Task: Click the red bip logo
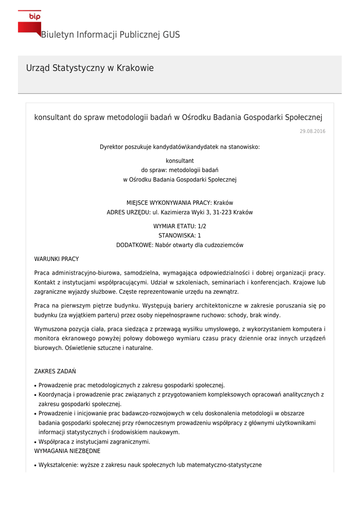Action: coord(29,22)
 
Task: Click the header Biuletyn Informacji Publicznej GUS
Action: coord(110,35)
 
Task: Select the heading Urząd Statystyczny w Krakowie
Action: coord(90,68)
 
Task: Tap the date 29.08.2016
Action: coord(312,131)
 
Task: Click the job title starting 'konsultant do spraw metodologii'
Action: coord(178,118)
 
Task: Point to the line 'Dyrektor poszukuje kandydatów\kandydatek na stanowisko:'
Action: coord(180,147)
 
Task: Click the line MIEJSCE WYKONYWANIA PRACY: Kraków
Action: coord(180,203)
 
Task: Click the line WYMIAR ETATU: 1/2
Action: coord(180,226)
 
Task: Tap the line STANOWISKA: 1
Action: coord(180,236)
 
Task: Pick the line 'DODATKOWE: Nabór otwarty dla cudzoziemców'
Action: coord(180,245)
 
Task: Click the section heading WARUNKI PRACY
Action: coord(56,259)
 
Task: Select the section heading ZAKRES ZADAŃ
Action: coord(55,371)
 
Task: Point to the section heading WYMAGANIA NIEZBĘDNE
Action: coord(67,451)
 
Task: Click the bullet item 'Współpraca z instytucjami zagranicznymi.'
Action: coord(94,442)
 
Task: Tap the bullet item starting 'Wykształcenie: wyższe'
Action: coord(150,465)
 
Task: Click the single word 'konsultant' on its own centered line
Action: coord(180,161)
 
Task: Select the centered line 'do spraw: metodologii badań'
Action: coord(180,170)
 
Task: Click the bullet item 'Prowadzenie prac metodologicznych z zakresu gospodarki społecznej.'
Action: coord(132,385)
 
